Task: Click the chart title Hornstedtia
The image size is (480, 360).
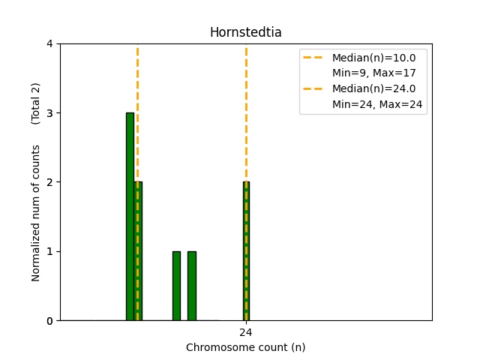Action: tap(245, 32)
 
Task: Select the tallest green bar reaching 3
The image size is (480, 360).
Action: tap(130, 217)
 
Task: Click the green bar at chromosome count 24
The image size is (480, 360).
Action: tap(245, 251)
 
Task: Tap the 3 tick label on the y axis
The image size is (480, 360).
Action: tap(49, 113)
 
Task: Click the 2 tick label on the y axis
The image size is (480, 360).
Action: tap(49, 182)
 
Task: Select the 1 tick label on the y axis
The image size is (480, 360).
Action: tap(49, 251)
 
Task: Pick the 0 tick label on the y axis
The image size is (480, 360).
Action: tap(49, 321)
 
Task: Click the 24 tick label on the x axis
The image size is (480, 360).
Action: tap(245, 332)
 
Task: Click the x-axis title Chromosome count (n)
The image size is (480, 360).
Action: tap(245, 347)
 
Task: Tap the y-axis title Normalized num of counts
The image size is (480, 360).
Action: tap(36, 213)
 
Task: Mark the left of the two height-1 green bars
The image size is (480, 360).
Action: tap(176, 286)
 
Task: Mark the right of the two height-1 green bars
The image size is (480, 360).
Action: tap(192, 286)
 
